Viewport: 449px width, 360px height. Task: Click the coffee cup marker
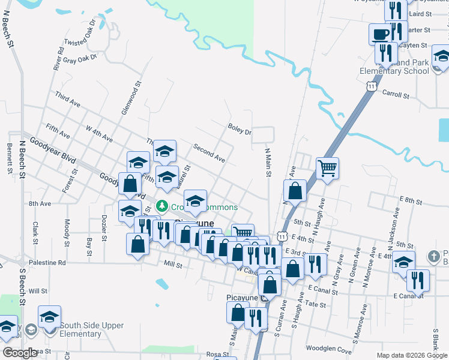coord(380,34)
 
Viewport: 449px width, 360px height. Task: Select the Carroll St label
coord(395,95)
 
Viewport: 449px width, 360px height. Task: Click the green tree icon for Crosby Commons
coord(161,207)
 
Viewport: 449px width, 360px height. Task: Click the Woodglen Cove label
coord(328,349)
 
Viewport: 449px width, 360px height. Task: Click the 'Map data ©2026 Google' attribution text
coord(411,355)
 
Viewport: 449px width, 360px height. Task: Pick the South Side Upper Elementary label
coord(92,329)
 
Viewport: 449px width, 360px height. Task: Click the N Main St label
coord(268,163)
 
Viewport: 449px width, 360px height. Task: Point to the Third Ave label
coord(67,100)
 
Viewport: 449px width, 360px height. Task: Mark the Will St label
coord(37,291)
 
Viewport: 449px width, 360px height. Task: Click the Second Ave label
coord(208,154)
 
